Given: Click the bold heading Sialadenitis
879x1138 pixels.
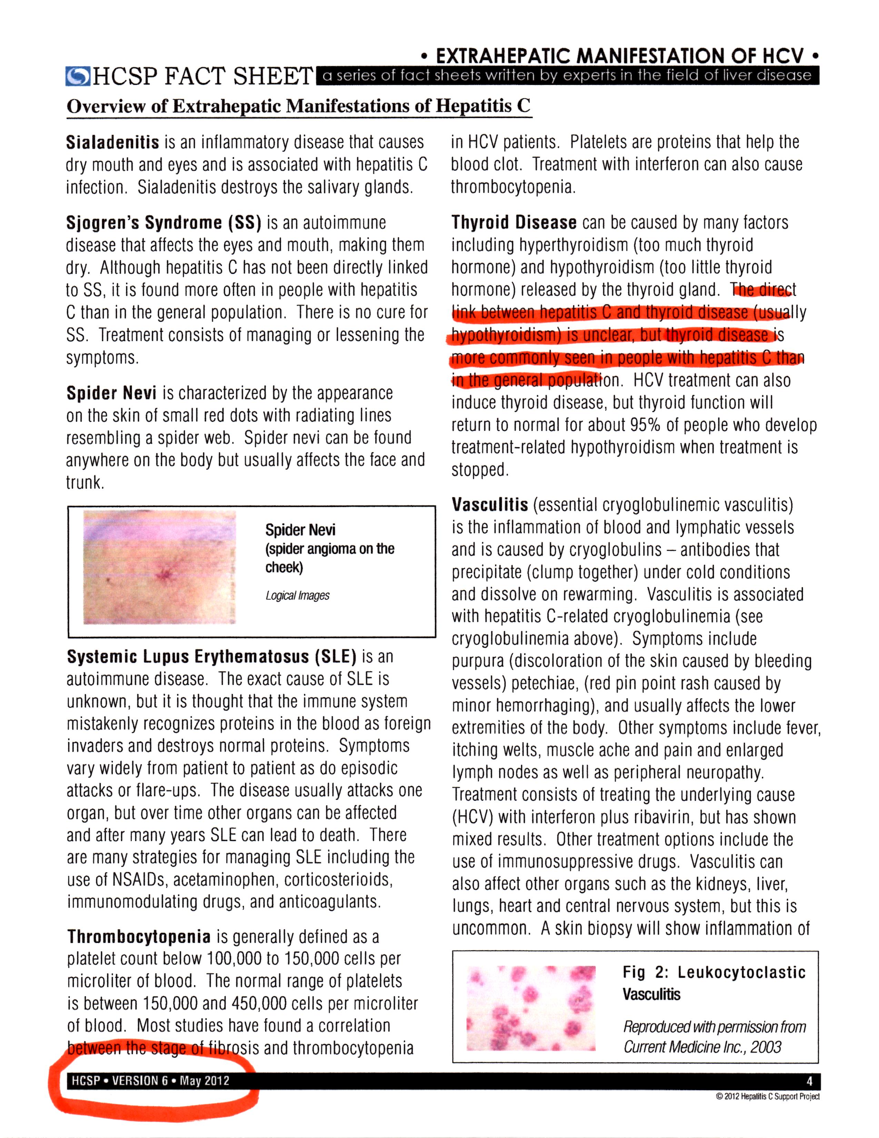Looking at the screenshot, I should pos(112,142).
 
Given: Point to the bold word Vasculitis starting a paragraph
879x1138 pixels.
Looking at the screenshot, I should pos(490,505).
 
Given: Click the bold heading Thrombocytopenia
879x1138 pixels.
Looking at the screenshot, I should pos(139,937).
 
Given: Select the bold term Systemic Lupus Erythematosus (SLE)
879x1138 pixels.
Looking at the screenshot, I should pos(211,657).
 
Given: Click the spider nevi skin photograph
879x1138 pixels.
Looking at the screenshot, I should pos(159,568).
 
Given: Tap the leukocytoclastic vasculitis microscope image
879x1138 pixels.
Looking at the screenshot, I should pos(531,1008).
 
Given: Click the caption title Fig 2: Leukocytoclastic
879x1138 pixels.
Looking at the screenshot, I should pos(714,972).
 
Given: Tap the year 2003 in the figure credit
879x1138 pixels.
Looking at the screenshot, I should pos(766,1047).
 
